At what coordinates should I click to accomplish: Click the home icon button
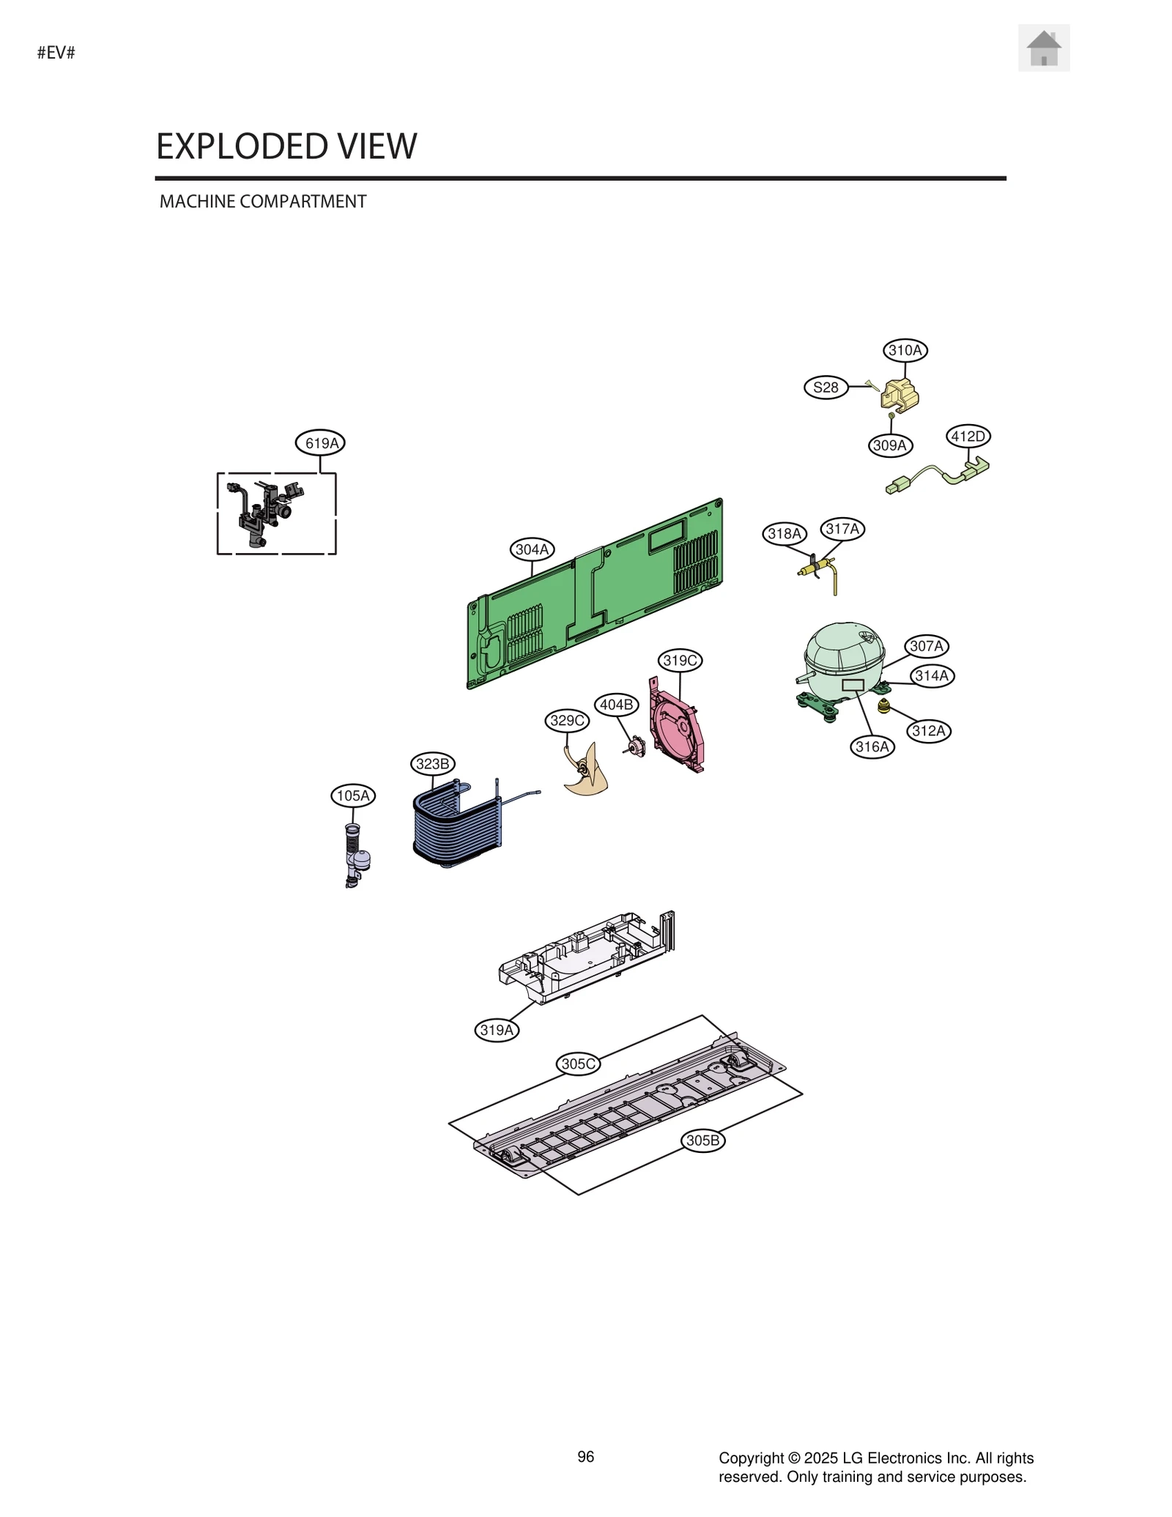[1043, 48]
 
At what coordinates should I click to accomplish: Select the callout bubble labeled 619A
[321, 443]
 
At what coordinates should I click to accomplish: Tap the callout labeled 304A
[532, 549]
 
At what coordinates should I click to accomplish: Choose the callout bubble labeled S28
[826, 387]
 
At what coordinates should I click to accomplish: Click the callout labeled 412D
[968, 437]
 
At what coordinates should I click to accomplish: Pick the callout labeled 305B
[702, 1140]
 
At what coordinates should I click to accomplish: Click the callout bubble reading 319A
[497, 1030]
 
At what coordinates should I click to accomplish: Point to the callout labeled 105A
[353, 795]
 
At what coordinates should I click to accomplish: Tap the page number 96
[586, 1457]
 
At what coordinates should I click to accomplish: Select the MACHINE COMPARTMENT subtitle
[263, 201]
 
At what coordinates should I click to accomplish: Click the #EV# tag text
[56, 53]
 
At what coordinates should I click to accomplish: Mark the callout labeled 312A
[929, 731]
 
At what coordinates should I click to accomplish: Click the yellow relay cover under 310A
[900, 396]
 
